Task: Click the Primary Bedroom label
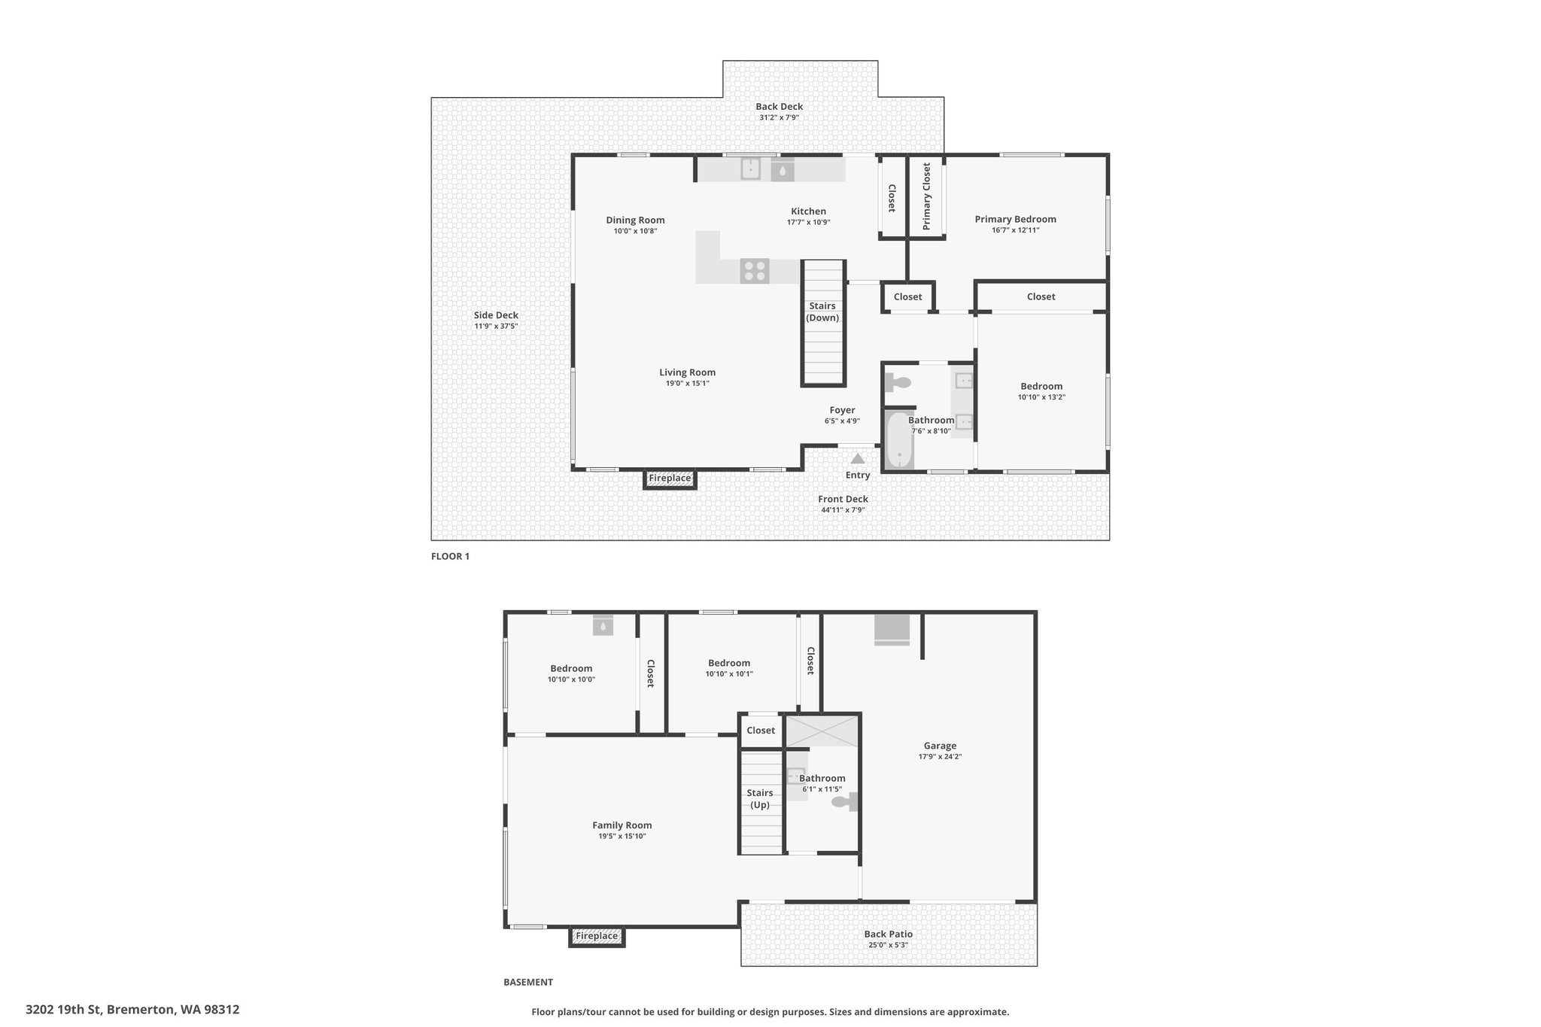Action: (x=1015, y=220)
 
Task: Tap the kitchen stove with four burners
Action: (x=755, y=271)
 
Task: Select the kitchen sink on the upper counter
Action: (x=751, y=169)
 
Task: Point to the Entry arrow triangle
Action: (x=857, y=458)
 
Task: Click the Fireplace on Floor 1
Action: (x=670, y=479)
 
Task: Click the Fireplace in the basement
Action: (x=597, y=937)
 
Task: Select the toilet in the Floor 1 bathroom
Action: (x=898, y=382)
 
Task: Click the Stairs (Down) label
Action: (x=822, y=311)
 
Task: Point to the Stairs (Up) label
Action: (x=760, y=798)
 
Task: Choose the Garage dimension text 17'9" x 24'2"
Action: (x=940, y=757)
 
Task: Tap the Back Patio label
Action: (x=889, y=934)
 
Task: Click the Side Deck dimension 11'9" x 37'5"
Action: (x=496, y=327)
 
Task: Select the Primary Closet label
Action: (x=926, y=196)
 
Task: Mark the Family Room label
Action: (x=622, y=825)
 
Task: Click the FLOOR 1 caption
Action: (x=450, y=557)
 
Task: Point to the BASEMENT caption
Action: (x=528, y=982)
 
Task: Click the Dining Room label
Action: (x=636, y=220)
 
